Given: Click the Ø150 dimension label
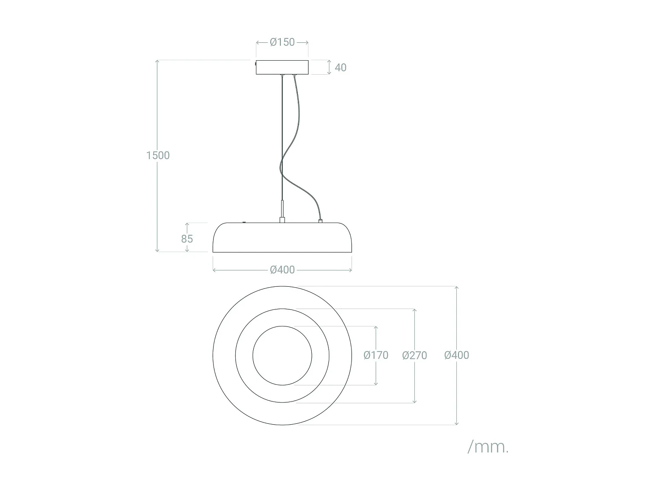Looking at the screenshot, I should click(x=282, y=42).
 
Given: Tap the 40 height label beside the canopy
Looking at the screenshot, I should click(x=340, y=68).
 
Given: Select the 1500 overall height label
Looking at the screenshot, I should click(x=158, y=155).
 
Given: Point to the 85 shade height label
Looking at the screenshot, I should click(x=187, y=239).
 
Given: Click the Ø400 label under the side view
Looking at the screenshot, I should click(x=282, y=270).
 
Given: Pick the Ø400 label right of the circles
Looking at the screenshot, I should click(x=456, y=355).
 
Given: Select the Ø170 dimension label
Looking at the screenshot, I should click(x=376, y=355).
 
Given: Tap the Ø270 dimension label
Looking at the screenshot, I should click(x=414, y=355).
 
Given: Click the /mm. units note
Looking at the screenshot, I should click(x=488, y=446).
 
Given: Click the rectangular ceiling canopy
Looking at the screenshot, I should click(x=282, y=67).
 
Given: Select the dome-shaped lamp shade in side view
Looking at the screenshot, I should click(x=282, y=238).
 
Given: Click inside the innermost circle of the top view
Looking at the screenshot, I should click(x=282, y=356).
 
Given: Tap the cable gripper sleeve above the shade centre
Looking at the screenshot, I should click(x=283, y=212).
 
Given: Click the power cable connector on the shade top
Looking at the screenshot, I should click(x=321, y=221).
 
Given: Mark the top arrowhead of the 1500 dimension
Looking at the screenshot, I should click(x=157, y=62).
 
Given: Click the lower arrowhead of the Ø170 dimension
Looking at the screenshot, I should click(x=376, y=383).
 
